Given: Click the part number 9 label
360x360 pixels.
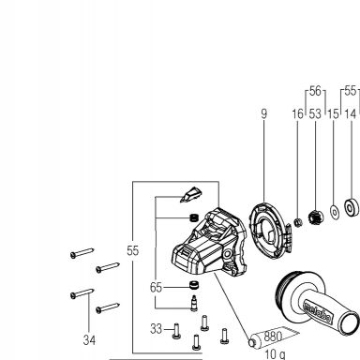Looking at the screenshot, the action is (x=264, y=113).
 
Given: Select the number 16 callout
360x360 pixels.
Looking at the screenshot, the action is (x=298, y=113).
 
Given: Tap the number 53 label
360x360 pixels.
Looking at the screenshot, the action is (x=315, y=113).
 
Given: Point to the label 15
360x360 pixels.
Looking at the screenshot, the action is (x=334, y=113).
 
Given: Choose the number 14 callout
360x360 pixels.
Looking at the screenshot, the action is (x=351, y=113).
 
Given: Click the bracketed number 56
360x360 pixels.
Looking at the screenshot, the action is (x=315, y=91).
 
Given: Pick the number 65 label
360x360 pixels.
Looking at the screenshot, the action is (x=157, y=287).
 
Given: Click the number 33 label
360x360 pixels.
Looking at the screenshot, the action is (x=157, y=329).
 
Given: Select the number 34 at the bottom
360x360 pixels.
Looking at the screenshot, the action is (x=89, y=340).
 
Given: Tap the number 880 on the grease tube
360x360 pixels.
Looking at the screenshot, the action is (x=273, y=337).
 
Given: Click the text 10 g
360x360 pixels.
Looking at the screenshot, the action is (x=275, y=354).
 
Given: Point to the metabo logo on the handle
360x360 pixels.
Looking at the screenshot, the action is (x=317, y=312).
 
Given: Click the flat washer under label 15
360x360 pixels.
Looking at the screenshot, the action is (x=335, y=213).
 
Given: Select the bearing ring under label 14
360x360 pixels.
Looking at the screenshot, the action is (x=352, y=207).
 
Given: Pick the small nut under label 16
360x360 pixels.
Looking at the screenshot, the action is (x=298, y=222).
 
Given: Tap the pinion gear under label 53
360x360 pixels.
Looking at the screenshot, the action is (x=315, y=217).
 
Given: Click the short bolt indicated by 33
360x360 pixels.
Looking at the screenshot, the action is (x=176, y=331).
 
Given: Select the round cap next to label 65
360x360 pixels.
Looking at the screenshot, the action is (x=194, y=285).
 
